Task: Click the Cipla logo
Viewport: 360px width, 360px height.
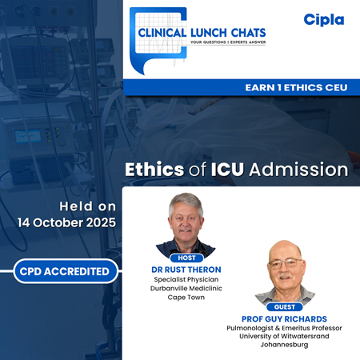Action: point(323,19)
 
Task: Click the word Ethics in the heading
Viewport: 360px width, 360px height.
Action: point(155,170)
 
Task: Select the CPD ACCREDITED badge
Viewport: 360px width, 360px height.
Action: point(62,271)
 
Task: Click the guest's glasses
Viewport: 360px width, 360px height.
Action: point(286,263)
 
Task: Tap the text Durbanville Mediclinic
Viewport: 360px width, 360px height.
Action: point(186,290)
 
